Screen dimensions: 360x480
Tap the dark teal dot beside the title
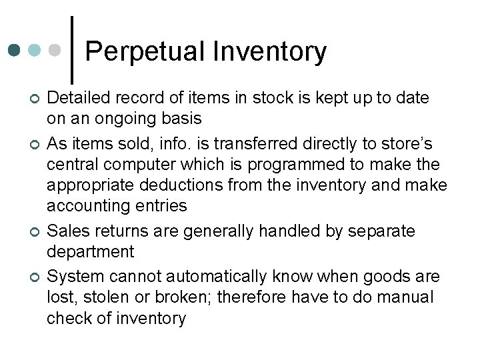[x=15, y=50]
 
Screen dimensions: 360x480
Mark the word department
[x=90, y=252]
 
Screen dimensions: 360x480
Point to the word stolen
[x=107, y=296]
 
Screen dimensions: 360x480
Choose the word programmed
[x=291, y=163]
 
